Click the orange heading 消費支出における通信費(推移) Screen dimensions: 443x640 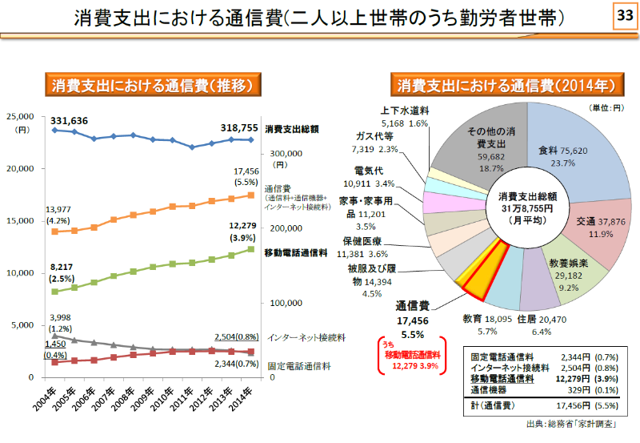153,85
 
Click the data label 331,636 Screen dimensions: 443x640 69,120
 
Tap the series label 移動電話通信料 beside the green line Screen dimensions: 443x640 296,253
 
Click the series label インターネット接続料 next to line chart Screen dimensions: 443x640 306,338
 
